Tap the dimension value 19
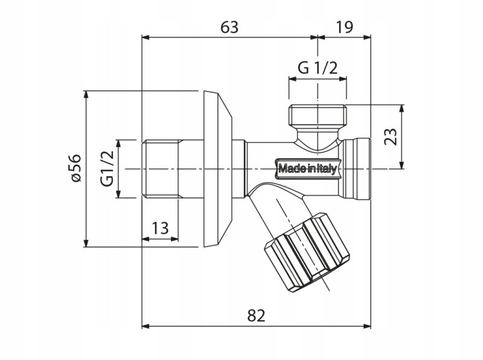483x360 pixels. coord(344,27)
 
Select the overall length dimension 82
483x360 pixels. coord(256,315)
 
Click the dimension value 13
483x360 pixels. coord(160,228)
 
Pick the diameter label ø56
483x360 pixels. coord(74,169)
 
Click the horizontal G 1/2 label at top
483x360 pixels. coord(317,68)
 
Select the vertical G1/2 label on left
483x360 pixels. coord(107,169)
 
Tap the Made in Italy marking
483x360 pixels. coord(307,169)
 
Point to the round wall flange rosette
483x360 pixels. coord(217,169)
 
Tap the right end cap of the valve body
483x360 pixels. coord(360,169)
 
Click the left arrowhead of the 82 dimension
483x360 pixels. coord(145,326)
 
